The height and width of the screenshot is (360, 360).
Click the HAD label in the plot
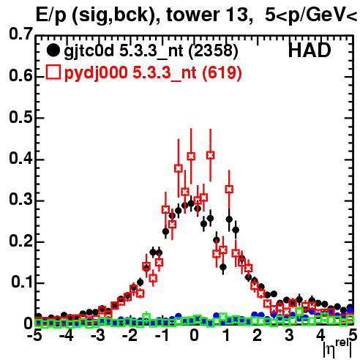[310, 50]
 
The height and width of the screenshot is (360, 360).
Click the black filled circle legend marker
[53, 50]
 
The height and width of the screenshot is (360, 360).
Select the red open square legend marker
[53, 72]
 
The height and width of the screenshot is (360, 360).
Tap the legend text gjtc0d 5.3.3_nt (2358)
[151, 51]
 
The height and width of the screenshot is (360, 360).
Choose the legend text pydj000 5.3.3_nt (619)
[153, 73]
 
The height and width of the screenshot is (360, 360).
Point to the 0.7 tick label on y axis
[21, 34]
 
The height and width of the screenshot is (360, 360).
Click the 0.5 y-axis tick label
[21, 117]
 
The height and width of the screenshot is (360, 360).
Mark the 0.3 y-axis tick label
[21, 200]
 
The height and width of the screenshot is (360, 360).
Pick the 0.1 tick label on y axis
[22, 282]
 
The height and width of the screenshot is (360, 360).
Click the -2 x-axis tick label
[131, 336]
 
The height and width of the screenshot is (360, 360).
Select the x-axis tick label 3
[289, 336]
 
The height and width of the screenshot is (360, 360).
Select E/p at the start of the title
[51, 16]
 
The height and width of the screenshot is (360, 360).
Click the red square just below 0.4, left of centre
[179, 168]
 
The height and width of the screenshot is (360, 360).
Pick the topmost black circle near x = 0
[191, 203]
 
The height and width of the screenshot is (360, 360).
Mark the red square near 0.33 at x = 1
[229, 189]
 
